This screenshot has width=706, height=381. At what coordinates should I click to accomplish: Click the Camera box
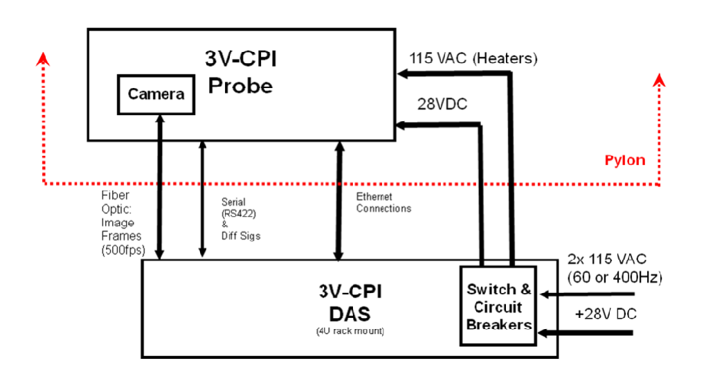156,94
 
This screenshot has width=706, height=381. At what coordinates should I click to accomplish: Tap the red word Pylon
624,160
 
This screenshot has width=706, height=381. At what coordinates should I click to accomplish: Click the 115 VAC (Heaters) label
473,58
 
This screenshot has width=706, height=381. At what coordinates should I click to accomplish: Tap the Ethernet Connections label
383,202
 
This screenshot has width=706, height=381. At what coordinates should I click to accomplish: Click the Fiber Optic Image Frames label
118,222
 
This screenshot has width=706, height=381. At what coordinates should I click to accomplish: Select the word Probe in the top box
241,86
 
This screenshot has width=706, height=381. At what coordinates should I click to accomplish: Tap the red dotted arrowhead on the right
660,82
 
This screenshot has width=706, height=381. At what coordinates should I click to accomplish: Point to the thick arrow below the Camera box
159,187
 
